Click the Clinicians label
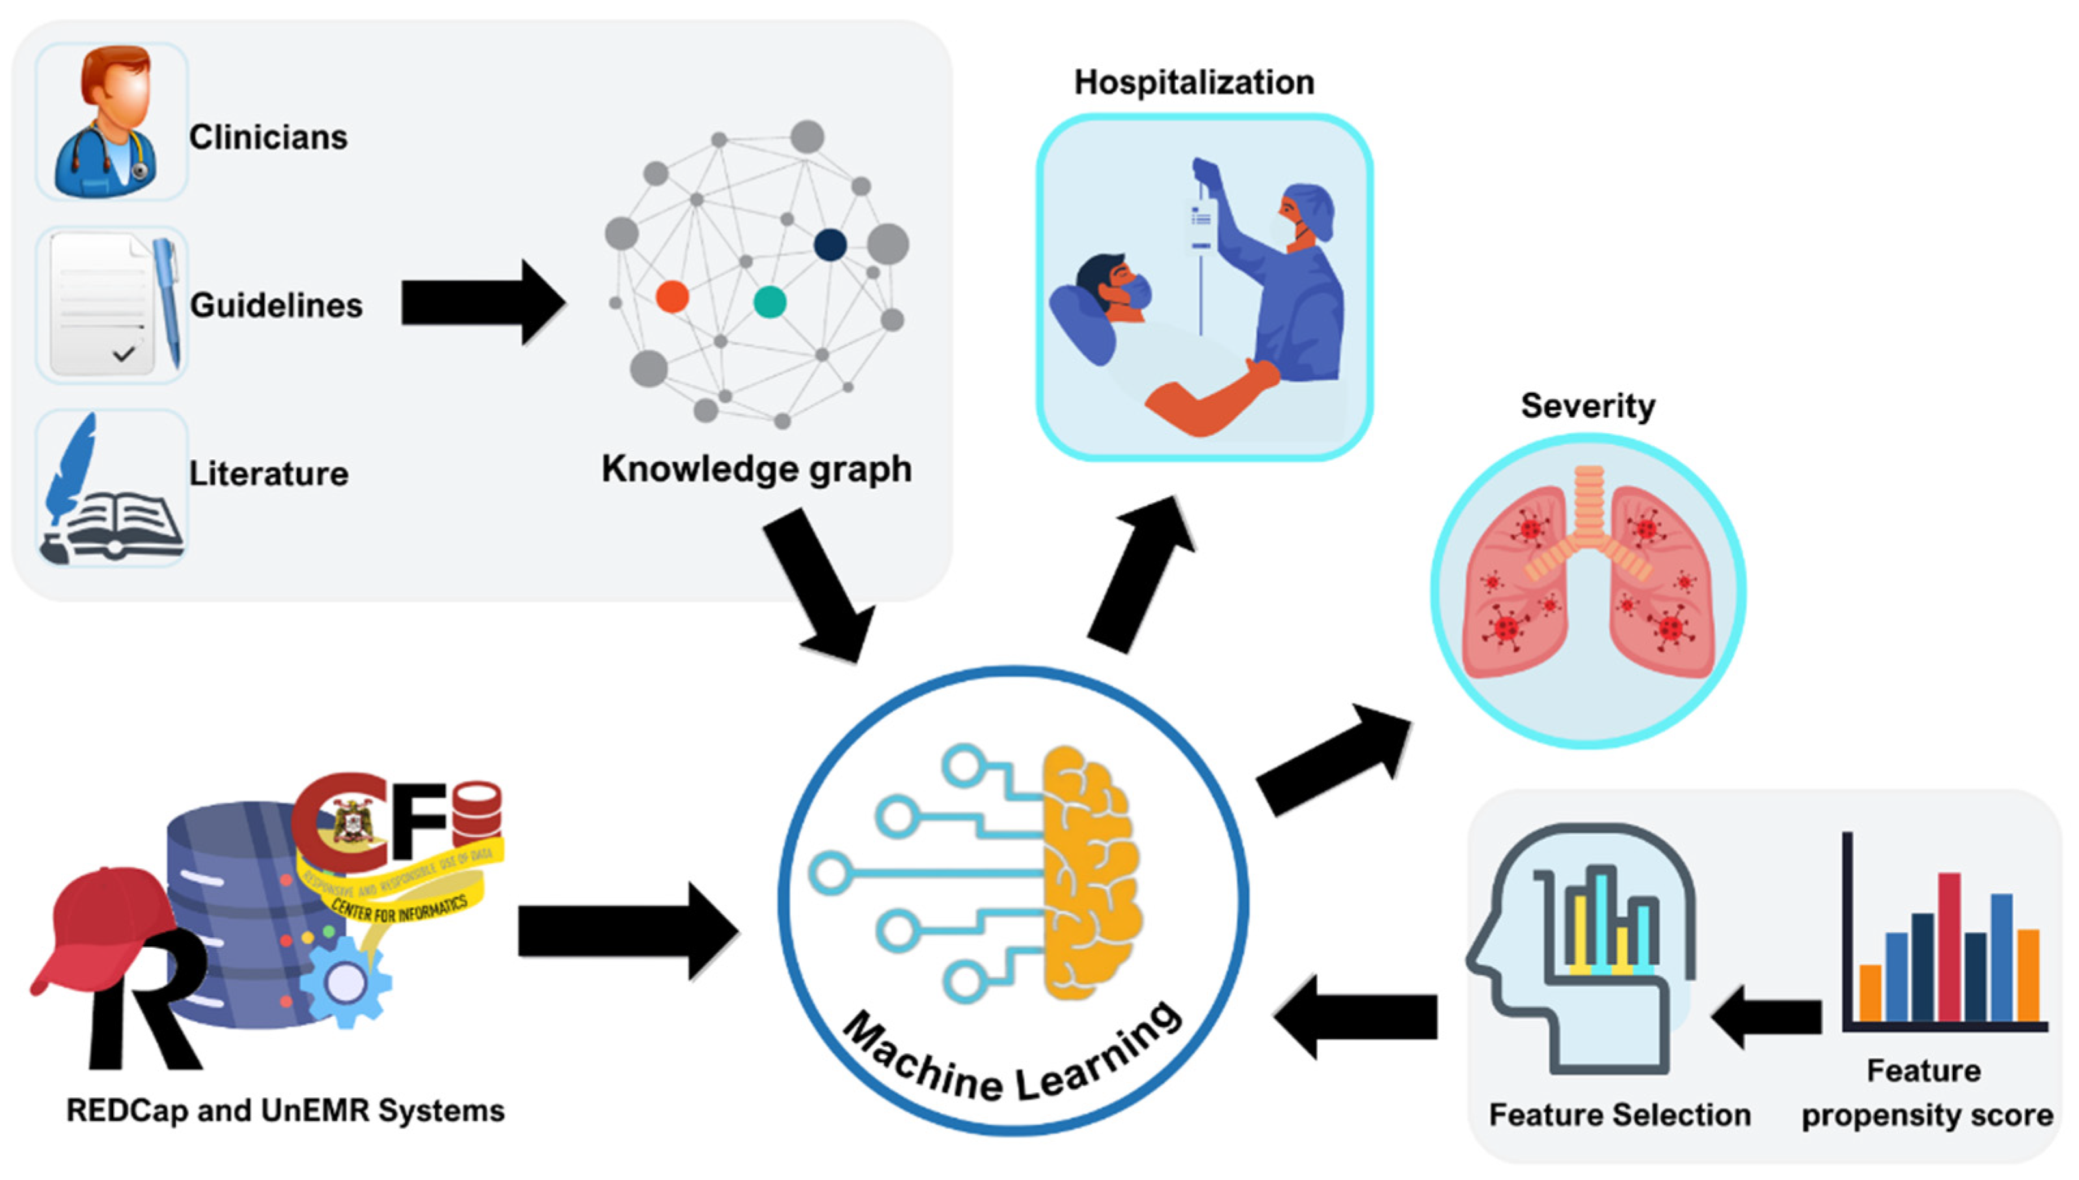click(267, 137)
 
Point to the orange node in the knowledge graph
click(672, 297)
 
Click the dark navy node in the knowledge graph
click(830, 245)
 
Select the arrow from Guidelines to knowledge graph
click(482, 303)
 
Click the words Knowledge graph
click(756, 469)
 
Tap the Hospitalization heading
click(1194, 83)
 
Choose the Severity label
click(1587, 405)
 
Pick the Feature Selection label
click(1620, 1114)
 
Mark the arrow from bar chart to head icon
click(1767, 1017)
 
